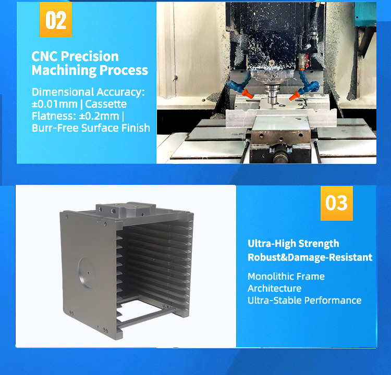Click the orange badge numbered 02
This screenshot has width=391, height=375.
[56, 19]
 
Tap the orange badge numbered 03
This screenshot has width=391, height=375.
[337, 203]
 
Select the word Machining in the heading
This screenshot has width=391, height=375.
[64, 70]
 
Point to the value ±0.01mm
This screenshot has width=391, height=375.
[55, 104]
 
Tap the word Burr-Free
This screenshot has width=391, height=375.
[55, 128]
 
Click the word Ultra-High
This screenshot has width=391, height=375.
[271, 243]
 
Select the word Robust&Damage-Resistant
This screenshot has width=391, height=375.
[310, 257]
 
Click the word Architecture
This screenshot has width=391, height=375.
[274, 289]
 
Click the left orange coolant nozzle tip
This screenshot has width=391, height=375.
[247, 94]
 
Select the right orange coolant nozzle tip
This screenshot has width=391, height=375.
[295, 95]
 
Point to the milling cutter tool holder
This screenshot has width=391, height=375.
[272, 93]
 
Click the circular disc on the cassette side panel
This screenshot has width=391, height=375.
[86, 272]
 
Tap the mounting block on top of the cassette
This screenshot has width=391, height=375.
[126, 210]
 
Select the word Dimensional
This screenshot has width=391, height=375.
[63, 92]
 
